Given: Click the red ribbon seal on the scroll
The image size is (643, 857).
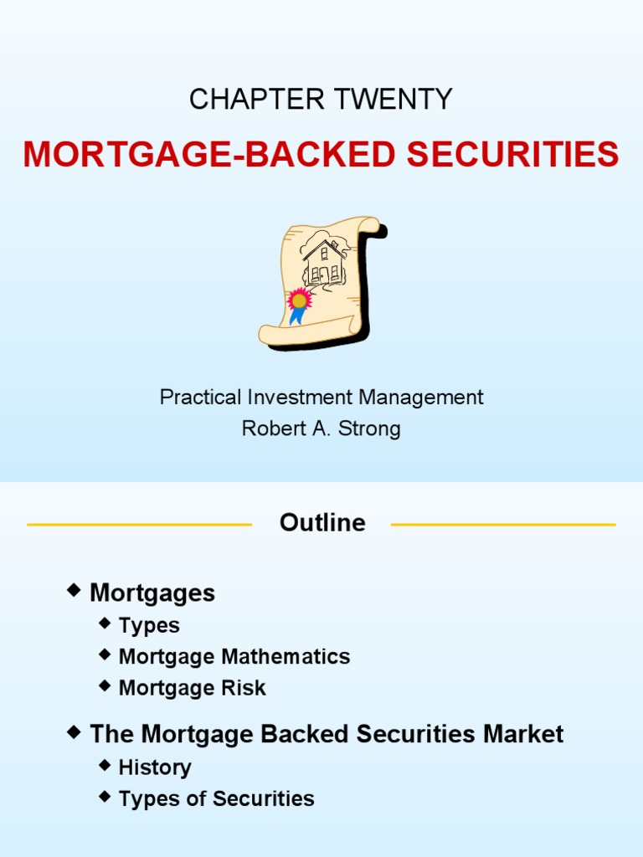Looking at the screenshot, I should click(x=298, y=300).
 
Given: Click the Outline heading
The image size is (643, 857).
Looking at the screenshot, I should click(x=322, y=523).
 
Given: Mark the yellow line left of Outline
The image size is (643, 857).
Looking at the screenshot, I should click(x=139, y=525).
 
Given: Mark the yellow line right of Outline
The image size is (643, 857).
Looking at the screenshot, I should click(x=503, y=525).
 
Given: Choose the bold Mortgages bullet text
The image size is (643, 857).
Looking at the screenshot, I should click(x=152, y=593).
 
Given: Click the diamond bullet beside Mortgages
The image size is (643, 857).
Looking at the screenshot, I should click(x=75, y=591).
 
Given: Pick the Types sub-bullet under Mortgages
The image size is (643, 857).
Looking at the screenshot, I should click(x=149, y=625).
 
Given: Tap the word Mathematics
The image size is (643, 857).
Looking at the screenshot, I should click(x=285, y=657).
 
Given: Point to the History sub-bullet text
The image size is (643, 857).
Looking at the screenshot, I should click(x=155, y=767).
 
